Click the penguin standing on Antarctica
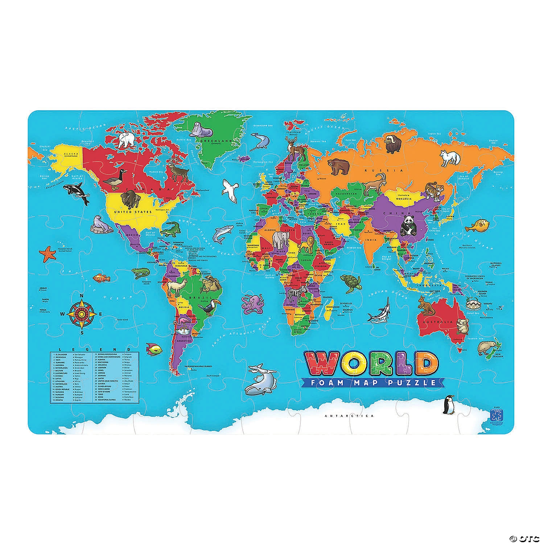pyautogui.click(x=448, y=405)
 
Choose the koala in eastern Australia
pyautogui.click(x=462, y=326)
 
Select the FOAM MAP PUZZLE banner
pyautogui.click(x=369, y=382)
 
